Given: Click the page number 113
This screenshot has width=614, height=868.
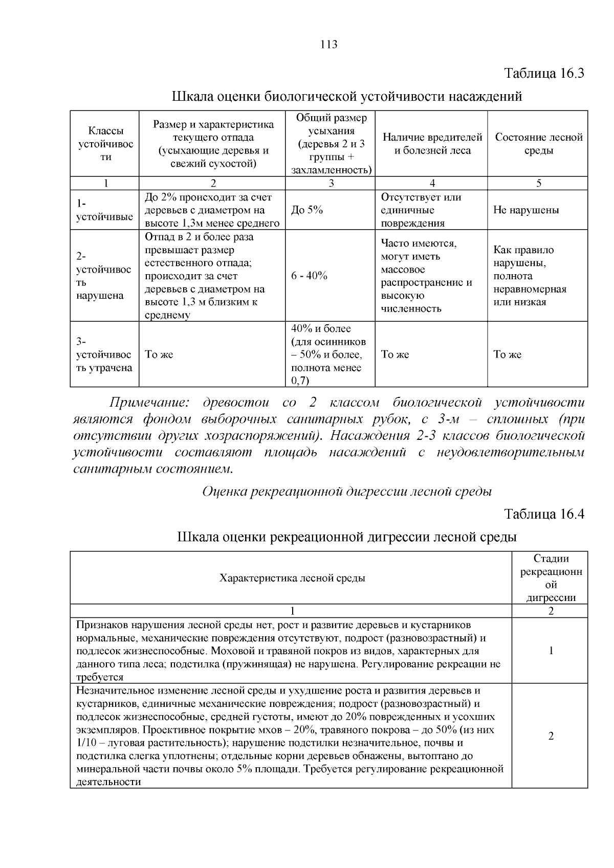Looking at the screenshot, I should pos(329,44).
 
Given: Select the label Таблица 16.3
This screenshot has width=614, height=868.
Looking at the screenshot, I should pos(544,73).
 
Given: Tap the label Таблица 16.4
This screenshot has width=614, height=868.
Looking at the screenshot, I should pos(544,514).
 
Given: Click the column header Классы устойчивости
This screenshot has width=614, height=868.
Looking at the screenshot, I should pos(105,144).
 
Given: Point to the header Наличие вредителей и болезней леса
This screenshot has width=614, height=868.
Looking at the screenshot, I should pos(432,144).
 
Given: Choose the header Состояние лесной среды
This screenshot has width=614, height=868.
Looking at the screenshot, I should pos(538,144).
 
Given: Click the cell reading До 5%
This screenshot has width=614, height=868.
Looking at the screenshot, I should pos(307,210).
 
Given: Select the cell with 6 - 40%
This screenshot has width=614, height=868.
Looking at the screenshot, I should pos(309,276).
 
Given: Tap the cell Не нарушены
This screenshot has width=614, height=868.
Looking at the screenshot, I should pos(526,210).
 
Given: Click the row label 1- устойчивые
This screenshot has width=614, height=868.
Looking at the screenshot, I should pos(104,210).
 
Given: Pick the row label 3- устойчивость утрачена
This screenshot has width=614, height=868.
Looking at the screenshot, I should pos(104,354).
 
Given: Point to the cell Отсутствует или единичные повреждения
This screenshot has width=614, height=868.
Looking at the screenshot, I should pos(421,210).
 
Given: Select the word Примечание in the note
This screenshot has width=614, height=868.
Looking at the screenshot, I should pos(149,403).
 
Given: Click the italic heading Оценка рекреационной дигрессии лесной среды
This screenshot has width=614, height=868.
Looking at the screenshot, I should pos(347,492).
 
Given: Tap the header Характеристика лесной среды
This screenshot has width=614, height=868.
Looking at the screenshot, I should pos(292,578).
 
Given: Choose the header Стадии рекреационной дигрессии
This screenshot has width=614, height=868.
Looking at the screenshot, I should pos(551,578).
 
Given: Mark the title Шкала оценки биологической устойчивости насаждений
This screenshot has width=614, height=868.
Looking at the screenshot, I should pos(346,96).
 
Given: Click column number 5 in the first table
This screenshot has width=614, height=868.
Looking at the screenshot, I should pos(538,184).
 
